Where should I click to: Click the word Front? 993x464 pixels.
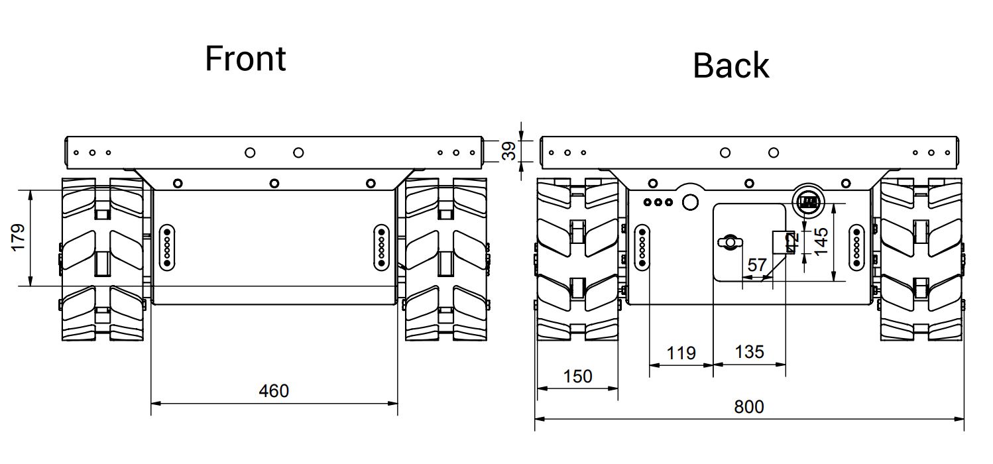tap(245, 58)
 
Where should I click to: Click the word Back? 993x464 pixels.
tap(730, 66)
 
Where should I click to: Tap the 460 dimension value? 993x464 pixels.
tap(273, 391)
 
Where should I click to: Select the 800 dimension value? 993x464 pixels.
tap(748, 406)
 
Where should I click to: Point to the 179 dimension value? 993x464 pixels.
tap(18, 237)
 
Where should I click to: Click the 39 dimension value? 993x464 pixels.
tap(508, 150)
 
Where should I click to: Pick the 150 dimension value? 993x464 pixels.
tap(577, 377)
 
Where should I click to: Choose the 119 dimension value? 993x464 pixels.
tap(681, 353)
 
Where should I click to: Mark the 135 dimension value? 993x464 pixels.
tap(749, 351)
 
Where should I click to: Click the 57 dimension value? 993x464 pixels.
tap(756, 265)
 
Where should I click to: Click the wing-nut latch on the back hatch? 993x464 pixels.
tap(729, 242)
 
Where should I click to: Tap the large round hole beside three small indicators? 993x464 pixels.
tap(690, 202)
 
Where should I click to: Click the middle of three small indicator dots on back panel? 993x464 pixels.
tap(658, 202)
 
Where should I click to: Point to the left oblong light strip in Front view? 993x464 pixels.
tap(167, 246)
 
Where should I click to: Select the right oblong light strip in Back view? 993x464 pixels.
tap(856, 247)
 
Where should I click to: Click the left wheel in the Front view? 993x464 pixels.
tap(102, 259)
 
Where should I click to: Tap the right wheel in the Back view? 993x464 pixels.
tap(921, 260)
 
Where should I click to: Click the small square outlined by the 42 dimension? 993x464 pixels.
tap(785, 242)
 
